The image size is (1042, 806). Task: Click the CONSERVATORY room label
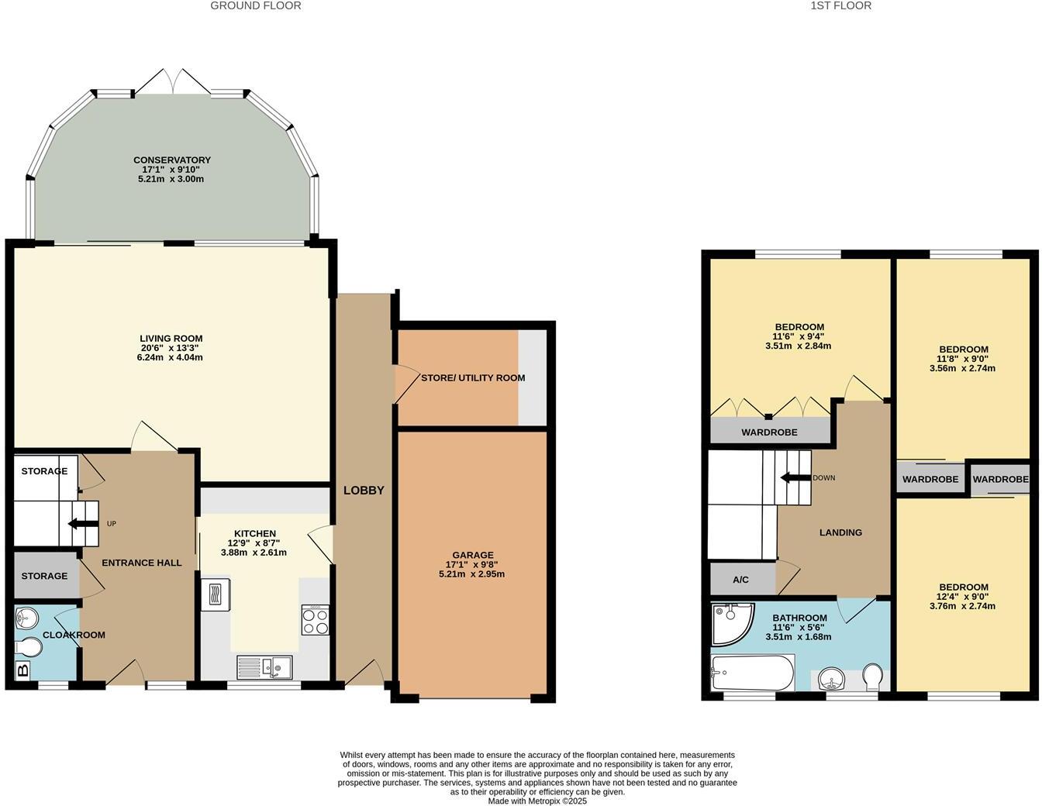click(x=171, y=160)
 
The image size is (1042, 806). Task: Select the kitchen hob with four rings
click(x=315, y=620)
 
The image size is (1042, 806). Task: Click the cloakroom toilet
click(x=28, y=646)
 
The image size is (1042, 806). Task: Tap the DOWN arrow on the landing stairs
click(x=795, y=477)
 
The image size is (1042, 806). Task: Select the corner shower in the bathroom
click(x=730, y=622)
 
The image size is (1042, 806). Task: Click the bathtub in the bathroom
click(x=752, y=672)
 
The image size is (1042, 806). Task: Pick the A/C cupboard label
click(x=740, y=580)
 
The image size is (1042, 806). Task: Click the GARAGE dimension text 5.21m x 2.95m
click(x=472, y=574)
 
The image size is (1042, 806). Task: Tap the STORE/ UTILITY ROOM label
click(x=473, y=378)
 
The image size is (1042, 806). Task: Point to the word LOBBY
click(x=364, y=491)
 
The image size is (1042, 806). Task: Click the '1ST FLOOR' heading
click(x=840, y=5)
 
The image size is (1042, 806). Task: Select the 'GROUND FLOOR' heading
click(x=255, y=5)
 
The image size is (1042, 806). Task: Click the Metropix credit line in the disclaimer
click(x=537, y=801)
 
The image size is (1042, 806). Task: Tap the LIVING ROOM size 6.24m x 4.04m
click(x=171, y=357)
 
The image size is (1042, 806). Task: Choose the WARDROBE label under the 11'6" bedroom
click(x=769, y=432)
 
